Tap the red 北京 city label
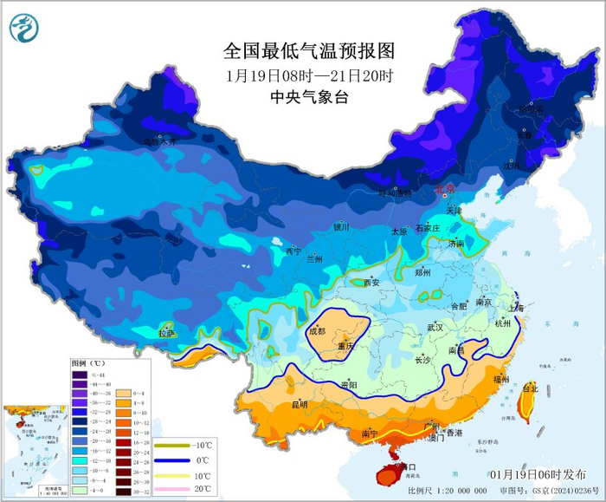pos(443,189)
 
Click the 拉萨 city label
pos(166,333)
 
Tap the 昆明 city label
pos(300,404)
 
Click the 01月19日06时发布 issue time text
pos(537,474)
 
